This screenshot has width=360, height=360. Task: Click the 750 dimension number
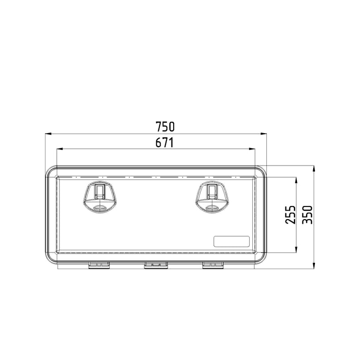165,126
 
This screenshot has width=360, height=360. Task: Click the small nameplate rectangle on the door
231,241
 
